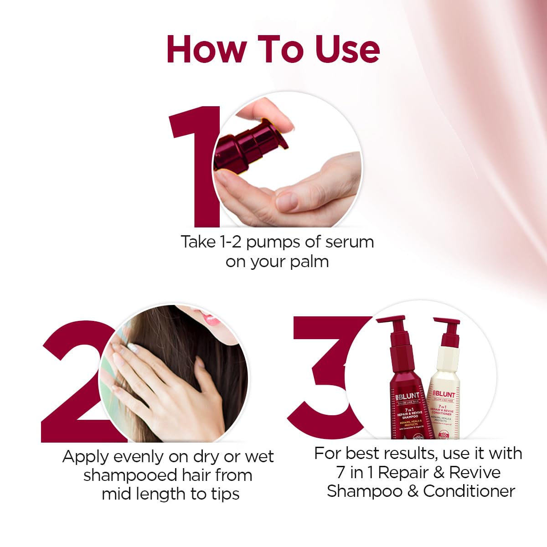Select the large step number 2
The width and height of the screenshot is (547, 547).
73,383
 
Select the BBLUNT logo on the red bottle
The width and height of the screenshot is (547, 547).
407,396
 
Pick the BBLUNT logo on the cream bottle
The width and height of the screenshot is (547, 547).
444,394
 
